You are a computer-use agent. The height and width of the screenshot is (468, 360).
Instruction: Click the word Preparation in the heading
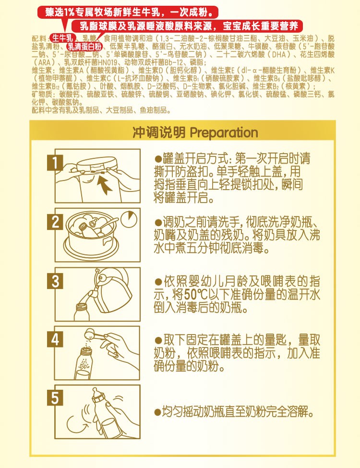pos(224,132)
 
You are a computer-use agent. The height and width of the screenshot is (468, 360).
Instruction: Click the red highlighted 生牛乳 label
pos(62,37)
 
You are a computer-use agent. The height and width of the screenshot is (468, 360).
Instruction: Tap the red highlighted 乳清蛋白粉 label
pos(84,47)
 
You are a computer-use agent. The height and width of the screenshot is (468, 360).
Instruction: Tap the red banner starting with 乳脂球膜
pos(191,25)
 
